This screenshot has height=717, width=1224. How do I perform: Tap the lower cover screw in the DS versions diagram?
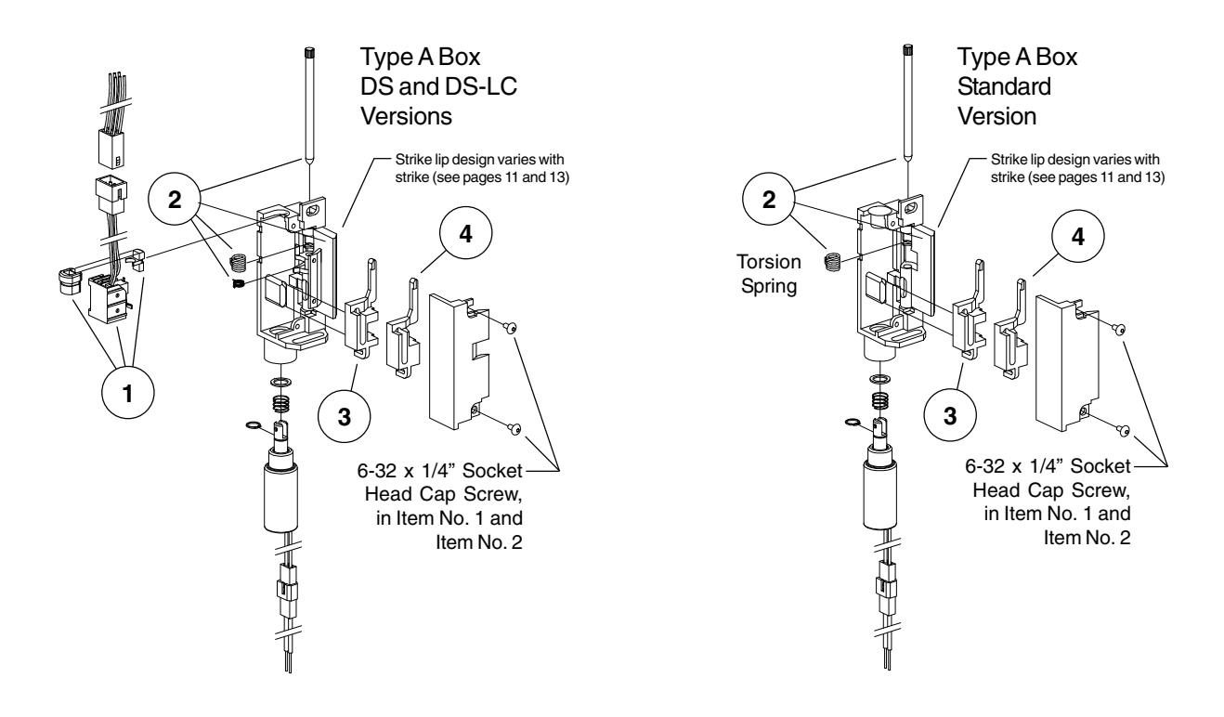point(515,429)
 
